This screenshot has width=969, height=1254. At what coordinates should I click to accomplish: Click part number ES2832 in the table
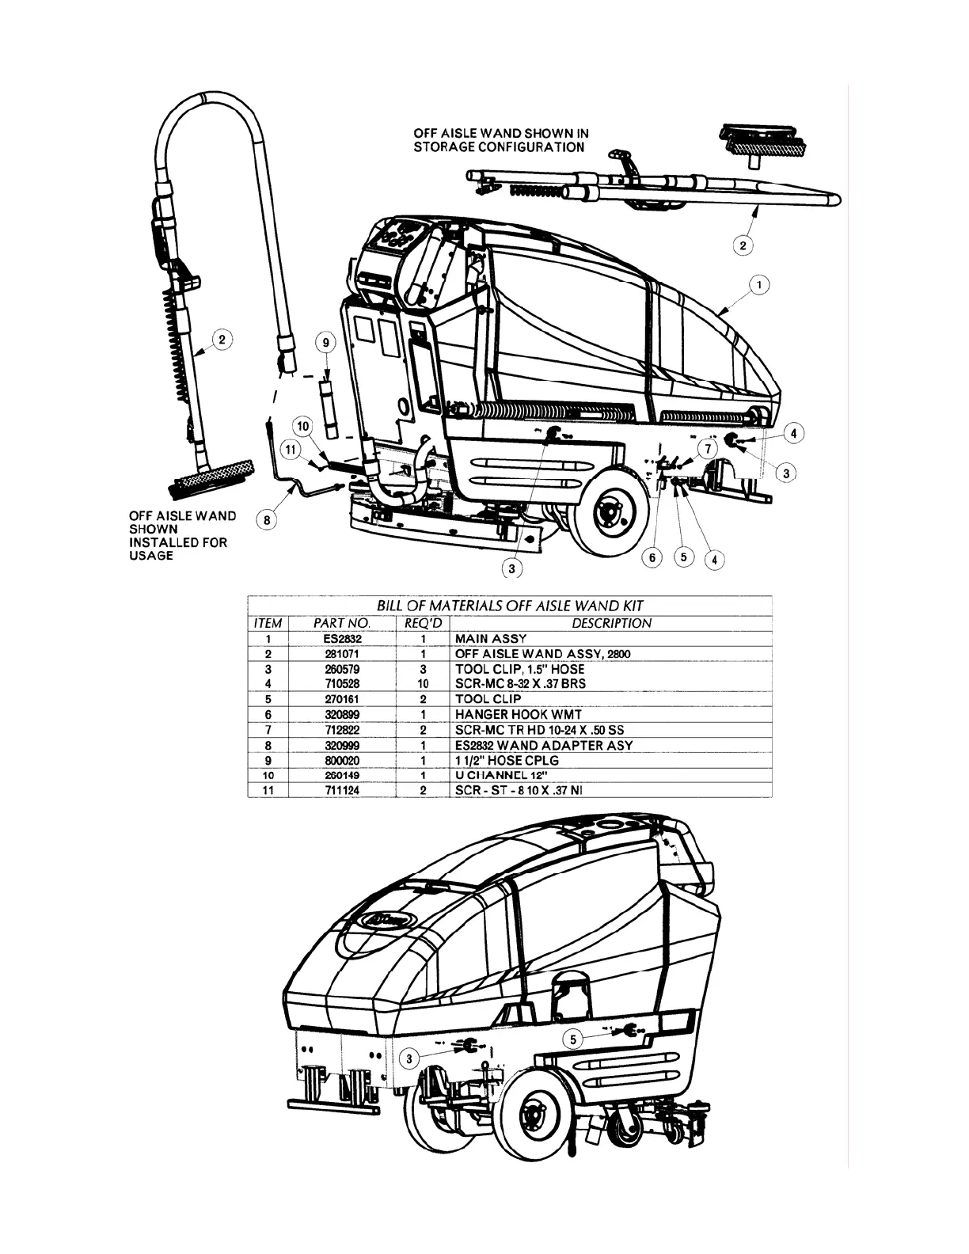[342, 639]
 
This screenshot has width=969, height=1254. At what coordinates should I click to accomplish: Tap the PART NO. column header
[342, 623]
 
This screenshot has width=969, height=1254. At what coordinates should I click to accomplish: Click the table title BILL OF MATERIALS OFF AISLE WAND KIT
[510, 606]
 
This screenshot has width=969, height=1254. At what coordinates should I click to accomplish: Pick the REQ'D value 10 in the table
[423, 683]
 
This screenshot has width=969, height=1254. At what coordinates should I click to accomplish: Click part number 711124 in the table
[342, 790]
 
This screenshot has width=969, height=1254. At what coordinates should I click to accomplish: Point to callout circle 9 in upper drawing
[325, 343]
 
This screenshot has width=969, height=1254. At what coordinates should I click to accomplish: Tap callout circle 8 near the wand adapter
[268, 520]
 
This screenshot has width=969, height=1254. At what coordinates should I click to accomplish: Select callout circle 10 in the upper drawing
[303, 427]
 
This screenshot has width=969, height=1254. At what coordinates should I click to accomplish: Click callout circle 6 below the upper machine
[653, 557]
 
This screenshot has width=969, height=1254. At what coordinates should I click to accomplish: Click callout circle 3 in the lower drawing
[409, 1058]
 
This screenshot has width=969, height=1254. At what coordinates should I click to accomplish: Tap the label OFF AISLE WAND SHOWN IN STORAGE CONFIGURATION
[500, 141]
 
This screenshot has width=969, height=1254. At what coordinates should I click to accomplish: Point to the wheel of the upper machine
[608, 513]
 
